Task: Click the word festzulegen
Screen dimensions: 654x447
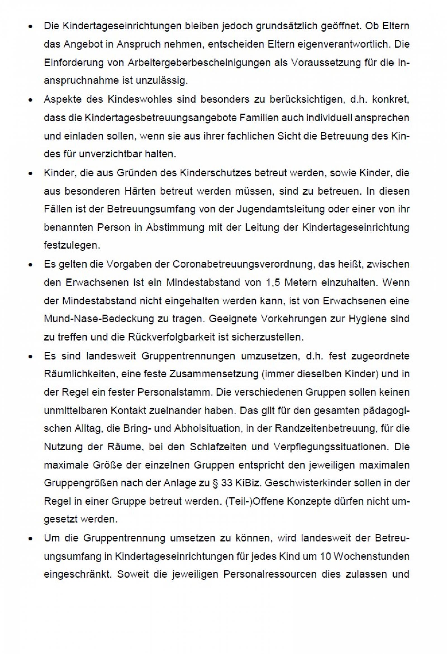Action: (72, 246)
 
